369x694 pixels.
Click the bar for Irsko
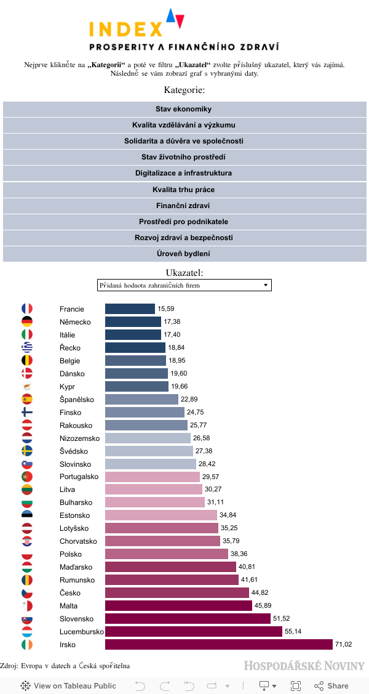click(218, 645)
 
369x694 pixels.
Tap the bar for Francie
click(130, 309)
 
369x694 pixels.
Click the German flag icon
click(27, 321)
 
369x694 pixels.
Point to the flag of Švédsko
click(27, 451)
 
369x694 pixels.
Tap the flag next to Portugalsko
click(27, 477)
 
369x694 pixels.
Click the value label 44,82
click(260, 593)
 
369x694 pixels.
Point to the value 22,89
click(189, 399)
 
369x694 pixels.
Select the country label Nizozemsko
click(79, 438)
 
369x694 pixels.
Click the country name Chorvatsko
click(79, 541)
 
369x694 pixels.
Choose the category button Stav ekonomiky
click(184, 109)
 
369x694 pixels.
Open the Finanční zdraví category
click(184, 206)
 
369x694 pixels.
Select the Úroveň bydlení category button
click(184, 254)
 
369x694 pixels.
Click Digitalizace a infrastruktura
click(184, 174)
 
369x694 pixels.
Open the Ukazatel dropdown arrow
click(266, 285)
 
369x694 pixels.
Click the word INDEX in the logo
click(126, 29)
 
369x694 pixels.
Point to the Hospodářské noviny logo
click(304, 666)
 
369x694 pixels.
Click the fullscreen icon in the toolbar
click(296, 686)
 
